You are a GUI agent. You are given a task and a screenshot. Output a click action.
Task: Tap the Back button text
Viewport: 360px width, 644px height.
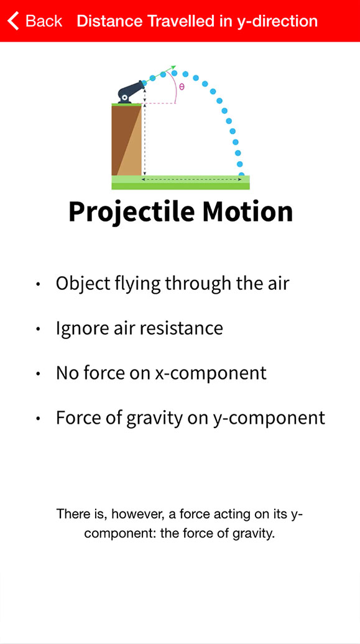44,21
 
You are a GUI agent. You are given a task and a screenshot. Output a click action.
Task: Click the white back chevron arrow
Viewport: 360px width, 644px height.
13,21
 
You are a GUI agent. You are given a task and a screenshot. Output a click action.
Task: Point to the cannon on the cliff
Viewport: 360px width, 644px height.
131,91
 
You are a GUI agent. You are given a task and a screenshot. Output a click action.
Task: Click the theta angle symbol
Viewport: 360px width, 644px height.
182,86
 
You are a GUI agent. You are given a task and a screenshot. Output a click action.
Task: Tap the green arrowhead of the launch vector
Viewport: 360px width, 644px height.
173,67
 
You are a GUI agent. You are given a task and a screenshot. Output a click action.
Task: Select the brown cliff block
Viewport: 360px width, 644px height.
126,140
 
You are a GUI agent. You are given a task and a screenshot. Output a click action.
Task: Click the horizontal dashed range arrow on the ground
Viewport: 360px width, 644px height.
192,180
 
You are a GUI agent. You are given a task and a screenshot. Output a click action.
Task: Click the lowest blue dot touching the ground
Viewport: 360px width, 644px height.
241,175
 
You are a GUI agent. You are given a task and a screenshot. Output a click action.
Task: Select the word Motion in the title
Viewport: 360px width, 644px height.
247,211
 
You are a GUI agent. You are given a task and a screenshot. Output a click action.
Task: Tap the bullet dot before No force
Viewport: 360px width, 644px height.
38,374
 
